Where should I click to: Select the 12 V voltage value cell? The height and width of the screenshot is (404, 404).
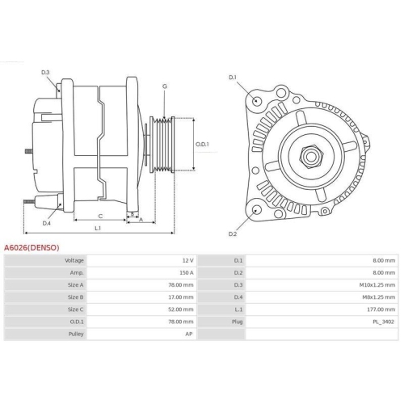coord(187,261)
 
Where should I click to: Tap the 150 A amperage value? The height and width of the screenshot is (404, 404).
coord(186,273)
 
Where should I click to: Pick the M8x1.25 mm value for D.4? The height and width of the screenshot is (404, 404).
coord(380,297)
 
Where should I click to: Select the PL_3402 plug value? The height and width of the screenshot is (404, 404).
coord(383,322)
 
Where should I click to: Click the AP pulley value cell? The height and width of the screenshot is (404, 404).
coord(189,334)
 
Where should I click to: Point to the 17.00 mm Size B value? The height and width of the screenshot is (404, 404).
coord(182,297)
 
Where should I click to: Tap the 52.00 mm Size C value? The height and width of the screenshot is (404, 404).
coord(182,309)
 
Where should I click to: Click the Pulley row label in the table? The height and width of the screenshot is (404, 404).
coord(76,334)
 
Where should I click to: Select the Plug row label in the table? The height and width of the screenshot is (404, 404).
coord(238,322)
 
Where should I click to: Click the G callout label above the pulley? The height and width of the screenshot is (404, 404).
coord(165,86)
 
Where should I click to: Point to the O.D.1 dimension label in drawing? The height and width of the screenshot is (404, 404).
coord(202,145)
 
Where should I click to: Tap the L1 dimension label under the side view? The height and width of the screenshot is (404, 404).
coord(96,229)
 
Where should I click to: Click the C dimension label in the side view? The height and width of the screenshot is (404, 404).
coord(99,216)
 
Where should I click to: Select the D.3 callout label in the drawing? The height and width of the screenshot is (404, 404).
coord(46,74)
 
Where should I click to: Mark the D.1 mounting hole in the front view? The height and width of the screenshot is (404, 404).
coord(256,101)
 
